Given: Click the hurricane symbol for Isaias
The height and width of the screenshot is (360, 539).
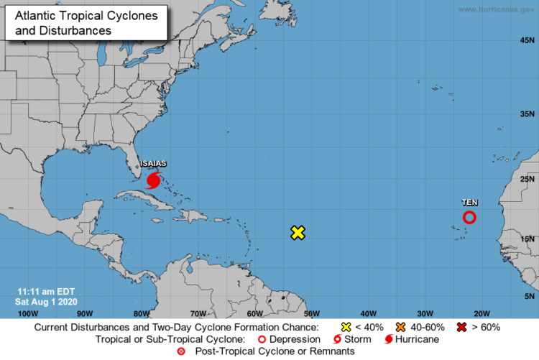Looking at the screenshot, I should pyautogui.click(x=153, y=179).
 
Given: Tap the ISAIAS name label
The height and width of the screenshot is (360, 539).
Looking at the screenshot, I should pyautogui.click(x=153, y=164).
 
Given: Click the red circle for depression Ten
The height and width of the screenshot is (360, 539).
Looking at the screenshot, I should pyautogui.click(x=469, y=217).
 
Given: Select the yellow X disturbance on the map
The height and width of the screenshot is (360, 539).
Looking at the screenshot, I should pyautogui.click(x=298, y=232).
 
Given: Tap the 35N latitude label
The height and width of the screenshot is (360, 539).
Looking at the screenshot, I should pyautogui.click(x=528, y=114).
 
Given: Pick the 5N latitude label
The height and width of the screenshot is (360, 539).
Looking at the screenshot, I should pyautogui.click(x=530, y=296).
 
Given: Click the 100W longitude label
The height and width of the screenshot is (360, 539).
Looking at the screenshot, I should pyautogui.click(x=27, y=313).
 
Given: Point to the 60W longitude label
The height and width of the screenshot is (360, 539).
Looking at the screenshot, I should pyautogui.click(x=254, y=313).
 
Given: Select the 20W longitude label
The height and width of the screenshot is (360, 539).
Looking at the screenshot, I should pyautogui.click(x=482, y=313).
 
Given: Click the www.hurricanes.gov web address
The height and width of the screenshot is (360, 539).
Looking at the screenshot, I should pyautogui.click(x=496, y=9).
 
